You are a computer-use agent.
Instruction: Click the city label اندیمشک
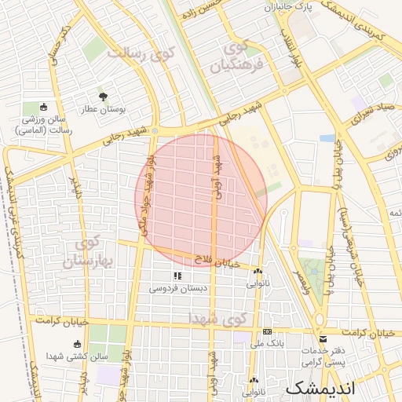click(x=320, y=388)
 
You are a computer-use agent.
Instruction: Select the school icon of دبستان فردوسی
click(x=177, y=276)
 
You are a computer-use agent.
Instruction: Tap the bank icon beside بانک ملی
click(x=267, y=331)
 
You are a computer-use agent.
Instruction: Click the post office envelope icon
click(x=323, y=338)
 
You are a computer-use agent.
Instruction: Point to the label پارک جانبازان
click(x=287, y=7)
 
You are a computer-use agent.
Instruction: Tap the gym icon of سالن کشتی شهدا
click(x=77, y=344)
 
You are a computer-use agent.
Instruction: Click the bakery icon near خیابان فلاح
click(x=258, y=271)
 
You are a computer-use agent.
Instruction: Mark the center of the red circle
click(x=201, y=199)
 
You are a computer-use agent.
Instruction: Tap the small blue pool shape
click(x=327, y=138)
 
